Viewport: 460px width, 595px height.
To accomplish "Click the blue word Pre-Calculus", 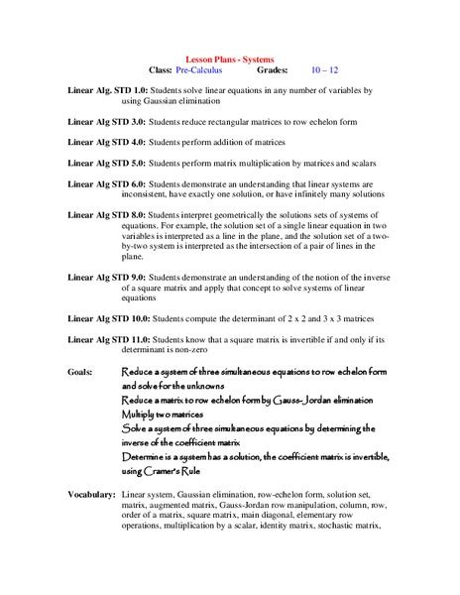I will point(201,71).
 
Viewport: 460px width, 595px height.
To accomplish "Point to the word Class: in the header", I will point(160,71).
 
